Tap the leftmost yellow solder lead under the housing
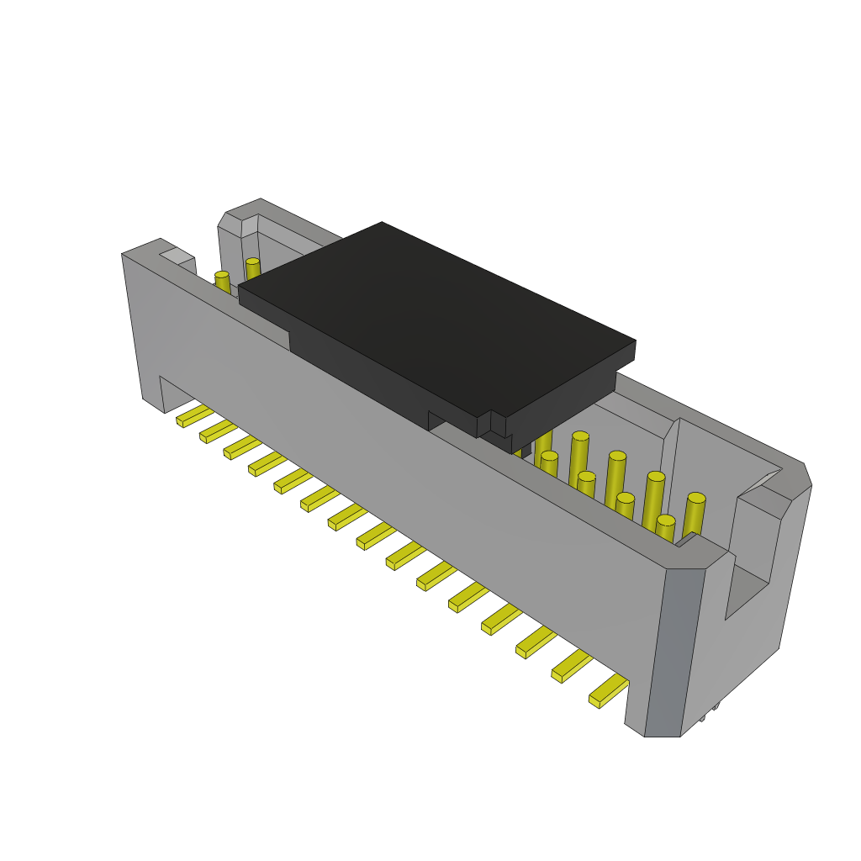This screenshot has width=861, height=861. click(x=193, y=415)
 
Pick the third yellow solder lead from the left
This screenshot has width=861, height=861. click(x=241, y=447)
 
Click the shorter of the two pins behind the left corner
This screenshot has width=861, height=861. click(x=222, y=283)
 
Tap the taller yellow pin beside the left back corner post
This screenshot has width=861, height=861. click(x=252, y=270)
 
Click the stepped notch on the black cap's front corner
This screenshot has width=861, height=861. click(x=492, y=424)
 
